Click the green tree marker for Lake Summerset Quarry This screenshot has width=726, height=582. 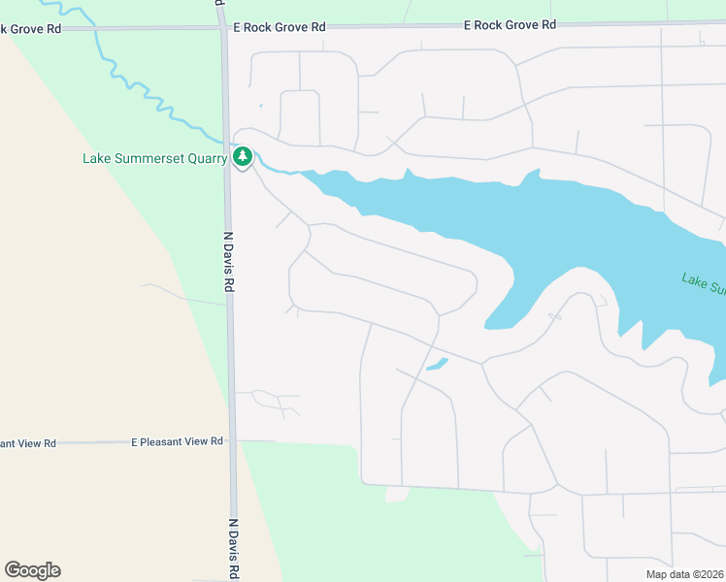(x=243, y=156)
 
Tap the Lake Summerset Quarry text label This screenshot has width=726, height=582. (x=155, y=158)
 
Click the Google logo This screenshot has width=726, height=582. (x=32, y=570)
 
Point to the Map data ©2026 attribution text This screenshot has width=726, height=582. (x=684, y=574)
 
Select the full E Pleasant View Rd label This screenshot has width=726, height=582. (x=178, y=441)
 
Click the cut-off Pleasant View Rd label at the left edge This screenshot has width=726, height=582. (x=28, y=443)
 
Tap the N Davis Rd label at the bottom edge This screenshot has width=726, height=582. (x=234, y=549)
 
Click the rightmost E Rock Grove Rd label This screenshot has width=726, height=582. (x=510, y=24)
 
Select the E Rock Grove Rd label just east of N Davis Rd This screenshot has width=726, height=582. (x=279, y=28)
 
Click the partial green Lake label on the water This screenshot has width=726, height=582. (x=704, y=284)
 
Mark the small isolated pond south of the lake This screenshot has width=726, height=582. (x=437, y=365)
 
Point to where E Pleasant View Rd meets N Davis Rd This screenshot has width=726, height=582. (x=233, y=441)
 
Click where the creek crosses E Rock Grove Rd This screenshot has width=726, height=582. (x=96, y=29)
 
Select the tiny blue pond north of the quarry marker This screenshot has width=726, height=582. (x=260, y=106)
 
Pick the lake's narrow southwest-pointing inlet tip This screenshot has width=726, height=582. (x=489, y=326)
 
